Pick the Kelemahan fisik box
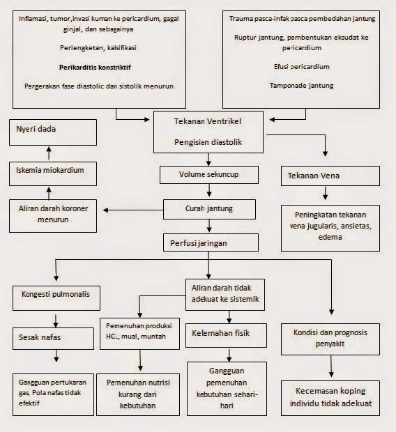tap(216, 333)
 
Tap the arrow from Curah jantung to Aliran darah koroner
tap(131, 208)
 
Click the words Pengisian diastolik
tap(208, 141)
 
